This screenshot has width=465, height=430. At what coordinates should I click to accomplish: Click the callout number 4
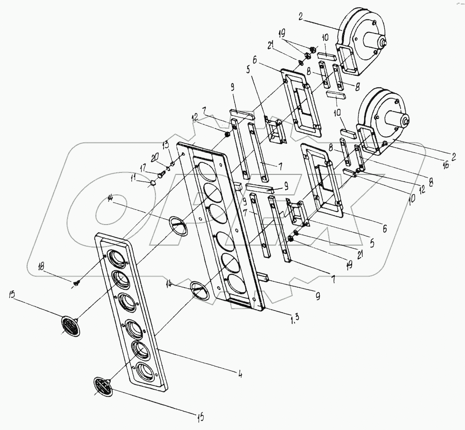pyautogui.click(x=239, y=373)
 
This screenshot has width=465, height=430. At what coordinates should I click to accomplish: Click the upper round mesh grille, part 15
pyautogui.click(x=71, y=326)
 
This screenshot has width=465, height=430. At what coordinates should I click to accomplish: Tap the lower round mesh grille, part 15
pyautogui.click(x=103, y=386)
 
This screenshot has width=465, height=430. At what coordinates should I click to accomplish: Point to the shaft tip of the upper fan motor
pyautogui.click(x=385, y=43)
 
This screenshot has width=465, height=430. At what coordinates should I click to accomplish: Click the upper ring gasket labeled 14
pyautogui.click(x=178, y=225)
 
